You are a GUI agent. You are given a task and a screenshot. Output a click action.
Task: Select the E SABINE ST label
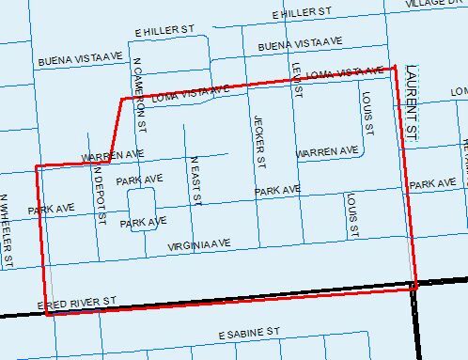tap(250, 333)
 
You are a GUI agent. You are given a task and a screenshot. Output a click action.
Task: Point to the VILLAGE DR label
tap(436, 4)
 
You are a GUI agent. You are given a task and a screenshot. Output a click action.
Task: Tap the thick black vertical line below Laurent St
tap(414, 320)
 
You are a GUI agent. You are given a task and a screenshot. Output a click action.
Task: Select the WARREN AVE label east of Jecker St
tap(326, 150)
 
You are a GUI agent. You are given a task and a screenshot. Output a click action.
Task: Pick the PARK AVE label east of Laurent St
tap(433, 183)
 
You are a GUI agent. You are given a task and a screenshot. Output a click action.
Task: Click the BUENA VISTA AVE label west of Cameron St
tap(81, 60)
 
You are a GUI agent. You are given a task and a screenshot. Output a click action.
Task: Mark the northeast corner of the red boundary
tap(395, 67)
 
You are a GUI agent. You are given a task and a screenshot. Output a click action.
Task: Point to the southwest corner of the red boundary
tap(47, 314)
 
